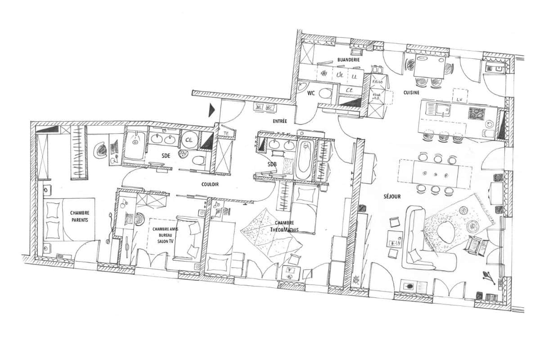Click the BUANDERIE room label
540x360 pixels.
point(348,59)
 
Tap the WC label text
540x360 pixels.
point(311,94)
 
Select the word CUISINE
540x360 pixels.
point(411,93)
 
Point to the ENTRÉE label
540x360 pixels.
point(279,121)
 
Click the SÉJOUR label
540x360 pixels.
point(392,197)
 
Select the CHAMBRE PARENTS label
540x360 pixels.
point(80,216)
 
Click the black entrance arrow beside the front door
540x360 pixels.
point(212,110)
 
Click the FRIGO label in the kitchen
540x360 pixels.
point(377,83)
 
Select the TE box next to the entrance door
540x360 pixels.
point(226,134)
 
